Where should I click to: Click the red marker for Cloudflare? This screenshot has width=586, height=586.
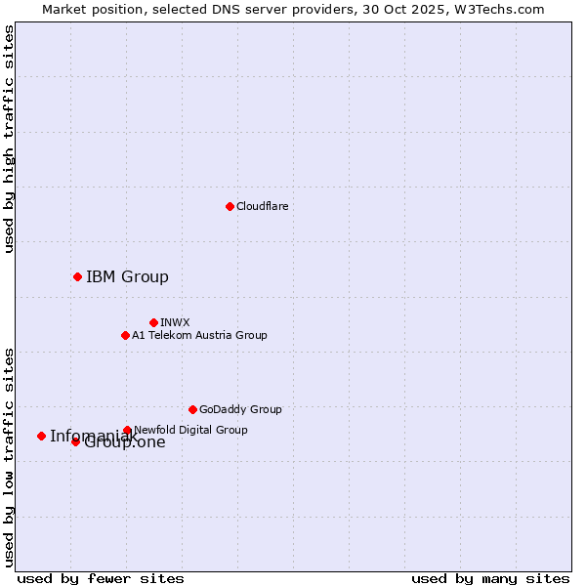tap(230, 206)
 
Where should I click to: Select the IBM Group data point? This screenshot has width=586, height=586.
tap(77, 276)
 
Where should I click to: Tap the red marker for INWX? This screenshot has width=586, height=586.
tap(153, 322)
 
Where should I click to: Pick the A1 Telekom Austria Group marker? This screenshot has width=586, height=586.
tap(125, 335)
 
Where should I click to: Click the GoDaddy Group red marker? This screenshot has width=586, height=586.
tap(192, 409)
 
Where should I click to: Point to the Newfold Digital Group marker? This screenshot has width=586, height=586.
tap(127, 430)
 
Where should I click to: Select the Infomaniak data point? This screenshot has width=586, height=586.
tap(41, 436)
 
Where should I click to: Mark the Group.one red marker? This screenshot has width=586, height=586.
tap(75, 441)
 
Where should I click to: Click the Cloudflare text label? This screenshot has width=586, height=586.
tap(263, 206)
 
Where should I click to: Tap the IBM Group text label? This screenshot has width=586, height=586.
tap(127, 276)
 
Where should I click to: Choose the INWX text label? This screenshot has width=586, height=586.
tap(175, 322)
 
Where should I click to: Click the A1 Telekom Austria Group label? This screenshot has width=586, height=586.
tap(199, 335)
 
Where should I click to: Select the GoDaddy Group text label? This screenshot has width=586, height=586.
tap(240, 409)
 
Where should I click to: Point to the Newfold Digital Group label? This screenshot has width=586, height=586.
tap(190, 430)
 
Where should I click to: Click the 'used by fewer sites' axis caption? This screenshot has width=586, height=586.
tap(101, 578)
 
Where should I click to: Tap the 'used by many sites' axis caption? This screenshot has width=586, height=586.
tap(490, 578)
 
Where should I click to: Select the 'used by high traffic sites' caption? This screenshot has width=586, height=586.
tap(9, 139)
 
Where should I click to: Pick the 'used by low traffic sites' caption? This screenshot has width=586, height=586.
tap(9, 456)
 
